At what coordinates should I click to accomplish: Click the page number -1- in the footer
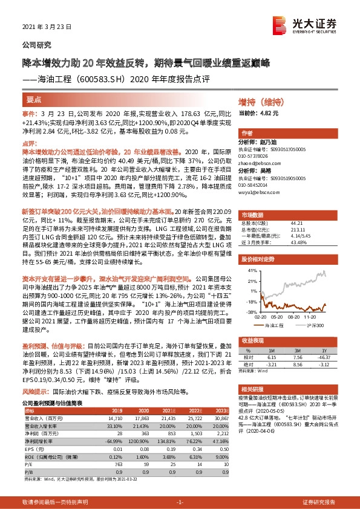[180, 502]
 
